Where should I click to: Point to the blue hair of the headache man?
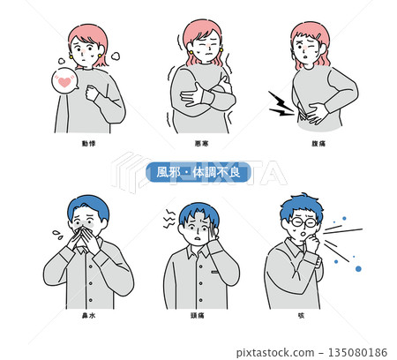pyautogui.click(x=197, y=213)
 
